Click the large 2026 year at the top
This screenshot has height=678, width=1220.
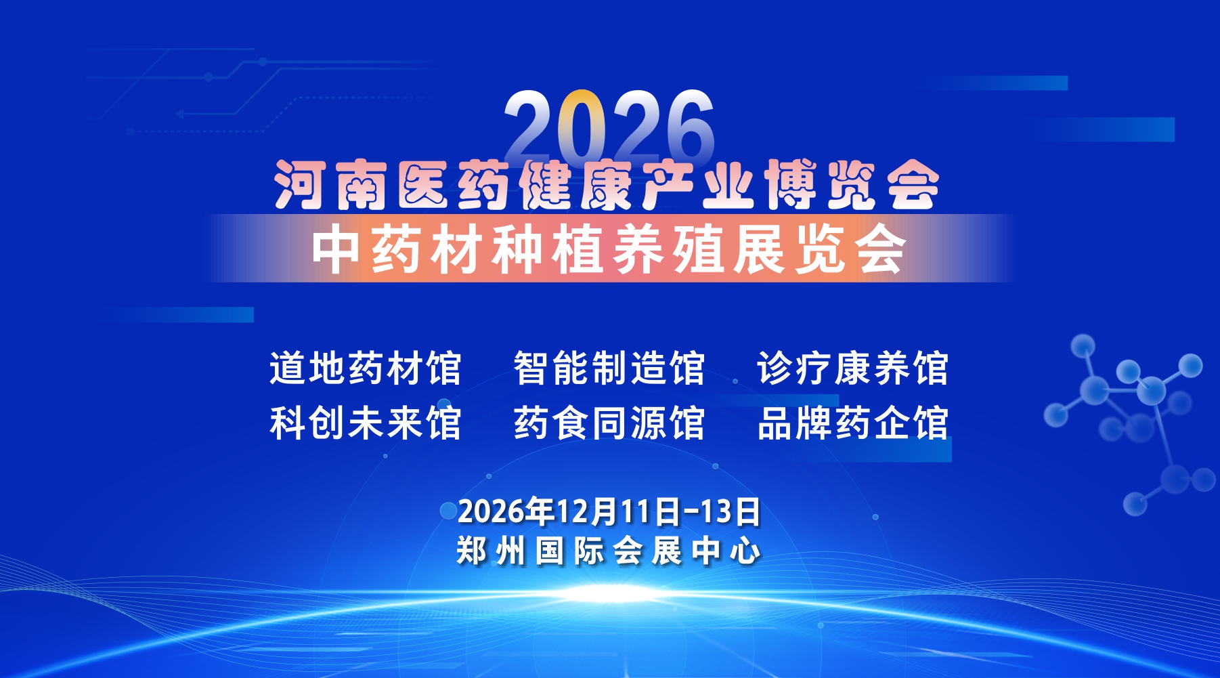(609, 127)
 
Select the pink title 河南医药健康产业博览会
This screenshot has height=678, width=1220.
(607, 185)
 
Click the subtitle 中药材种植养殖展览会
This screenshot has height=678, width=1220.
(609, 249)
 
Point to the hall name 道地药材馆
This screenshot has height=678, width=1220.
(366, 368)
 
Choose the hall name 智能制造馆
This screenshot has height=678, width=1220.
(609, 368)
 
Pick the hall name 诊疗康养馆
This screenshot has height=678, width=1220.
(853, 368)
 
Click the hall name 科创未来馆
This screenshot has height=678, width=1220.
(366, 423)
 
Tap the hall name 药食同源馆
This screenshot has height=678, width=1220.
(609, 423)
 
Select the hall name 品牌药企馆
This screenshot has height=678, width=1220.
(853, 423)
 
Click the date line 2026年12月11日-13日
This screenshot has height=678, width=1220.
(609, 512)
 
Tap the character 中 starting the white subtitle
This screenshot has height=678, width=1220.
(336, 249)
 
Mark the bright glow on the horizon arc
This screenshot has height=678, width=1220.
(609, 593)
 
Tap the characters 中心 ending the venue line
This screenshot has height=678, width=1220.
(726, 551)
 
